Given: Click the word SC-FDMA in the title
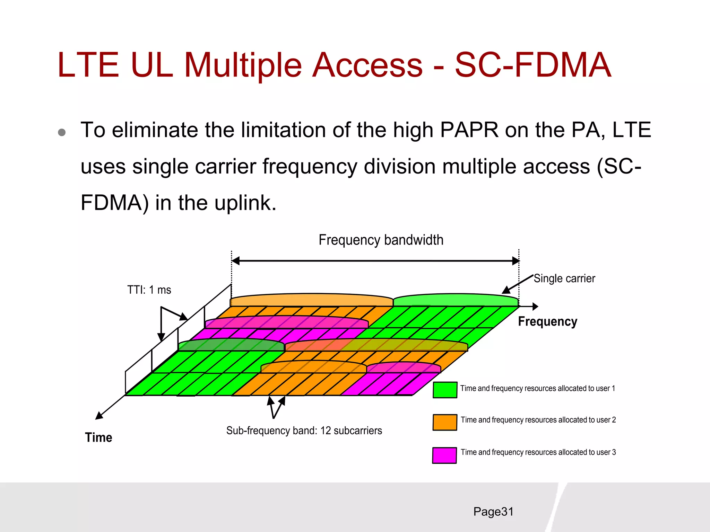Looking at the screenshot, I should pos(533,65).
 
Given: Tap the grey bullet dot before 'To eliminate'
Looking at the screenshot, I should pos(62,132).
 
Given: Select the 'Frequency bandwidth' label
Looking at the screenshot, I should pos(381,240).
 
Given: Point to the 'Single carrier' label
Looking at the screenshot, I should pos(564,278).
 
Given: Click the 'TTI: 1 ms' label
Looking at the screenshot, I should pos(149,290).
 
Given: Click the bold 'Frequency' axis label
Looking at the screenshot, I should pos(547,321).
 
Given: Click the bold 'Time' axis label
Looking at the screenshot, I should pos(98,437).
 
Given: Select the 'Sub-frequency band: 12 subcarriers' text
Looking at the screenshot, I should pos(304,431).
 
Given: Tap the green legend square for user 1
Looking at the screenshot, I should pos(445,390).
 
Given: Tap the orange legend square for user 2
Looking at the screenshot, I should pos(445,422).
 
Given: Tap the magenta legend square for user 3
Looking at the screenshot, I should pos(444,455).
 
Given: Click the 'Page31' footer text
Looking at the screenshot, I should pos(493,512).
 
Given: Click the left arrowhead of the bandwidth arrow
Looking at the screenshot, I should pos(235,261).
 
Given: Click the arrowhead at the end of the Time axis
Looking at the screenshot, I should pos(99,416).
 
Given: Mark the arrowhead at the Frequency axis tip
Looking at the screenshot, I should pos(535,306).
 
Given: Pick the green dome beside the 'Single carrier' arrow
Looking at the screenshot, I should pos(456,300).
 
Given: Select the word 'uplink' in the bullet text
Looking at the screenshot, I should pos(245,203).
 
